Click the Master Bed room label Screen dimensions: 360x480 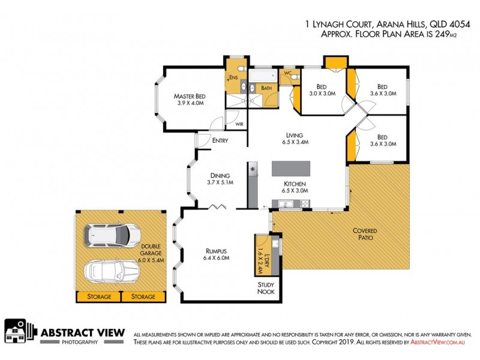(190, 100)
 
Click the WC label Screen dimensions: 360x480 (287, 74)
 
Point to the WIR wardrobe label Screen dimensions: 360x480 (239, 124)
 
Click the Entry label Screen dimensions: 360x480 (220, 141)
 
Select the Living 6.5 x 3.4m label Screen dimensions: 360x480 (294, 139)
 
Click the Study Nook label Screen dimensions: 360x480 (266, 288)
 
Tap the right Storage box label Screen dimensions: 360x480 (143, 297)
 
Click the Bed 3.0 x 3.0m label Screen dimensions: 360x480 (321, 90)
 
